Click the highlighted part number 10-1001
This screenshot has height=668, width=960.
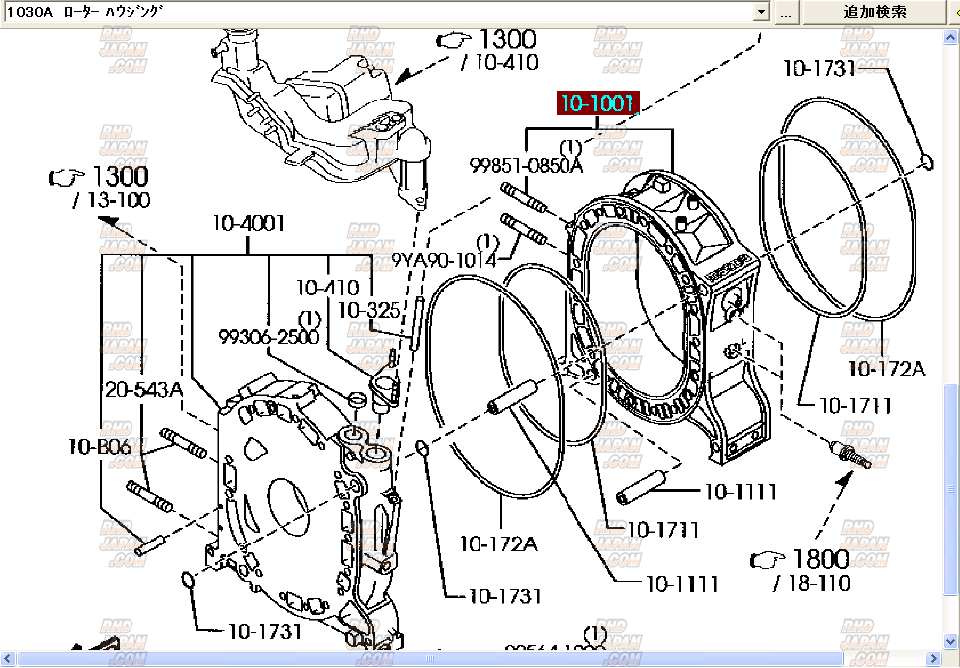coord(597,103)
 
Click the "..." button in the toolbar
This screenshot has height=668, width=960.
coord(785,12)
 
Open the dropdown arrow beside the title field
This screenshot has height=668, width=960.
coord(760,12)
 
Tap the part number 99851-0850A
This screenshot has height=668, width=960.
coord(527,166)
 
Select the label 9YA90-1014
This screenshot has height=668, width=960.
coord(444,259)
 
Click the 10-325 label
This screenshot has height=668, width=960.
coord(369,310)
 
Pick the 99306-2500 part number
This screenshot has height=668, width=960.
coord(269,337)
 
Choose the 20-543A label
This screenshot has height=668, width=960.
coord(144,389)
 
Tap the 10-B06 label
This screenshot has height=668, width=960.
coord(100,446)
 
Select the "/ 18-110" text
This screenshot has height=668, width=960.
coord(809,584)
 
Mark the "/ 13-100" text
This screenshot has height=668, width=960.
coord(112,200)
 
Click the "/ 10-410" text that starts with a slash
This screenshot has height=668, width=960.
coord(499,63)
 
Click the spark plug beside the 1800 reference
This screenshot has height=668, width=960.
coord(849,455)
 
